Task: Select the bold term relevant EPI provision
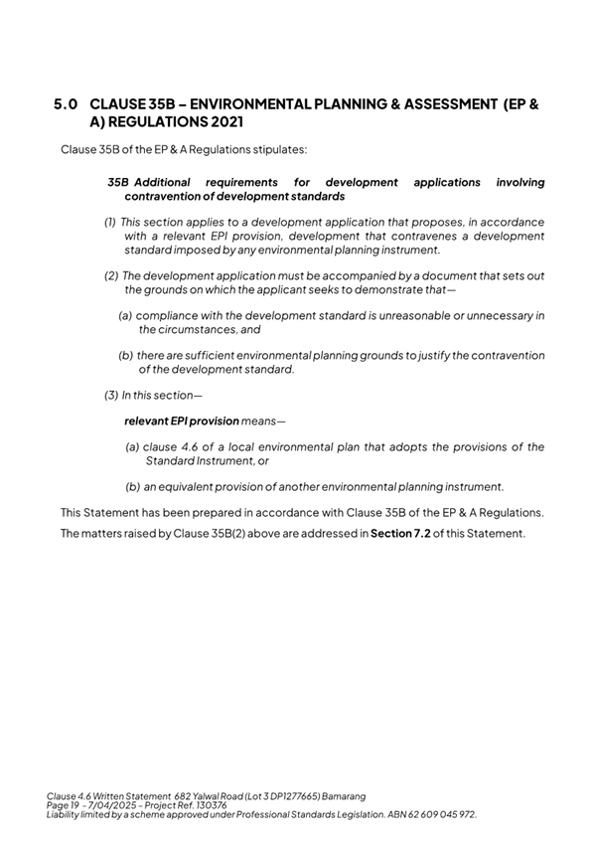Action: click(x=182, y=421)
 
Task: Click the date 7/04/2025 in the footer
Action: click(x=114, y=805)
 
